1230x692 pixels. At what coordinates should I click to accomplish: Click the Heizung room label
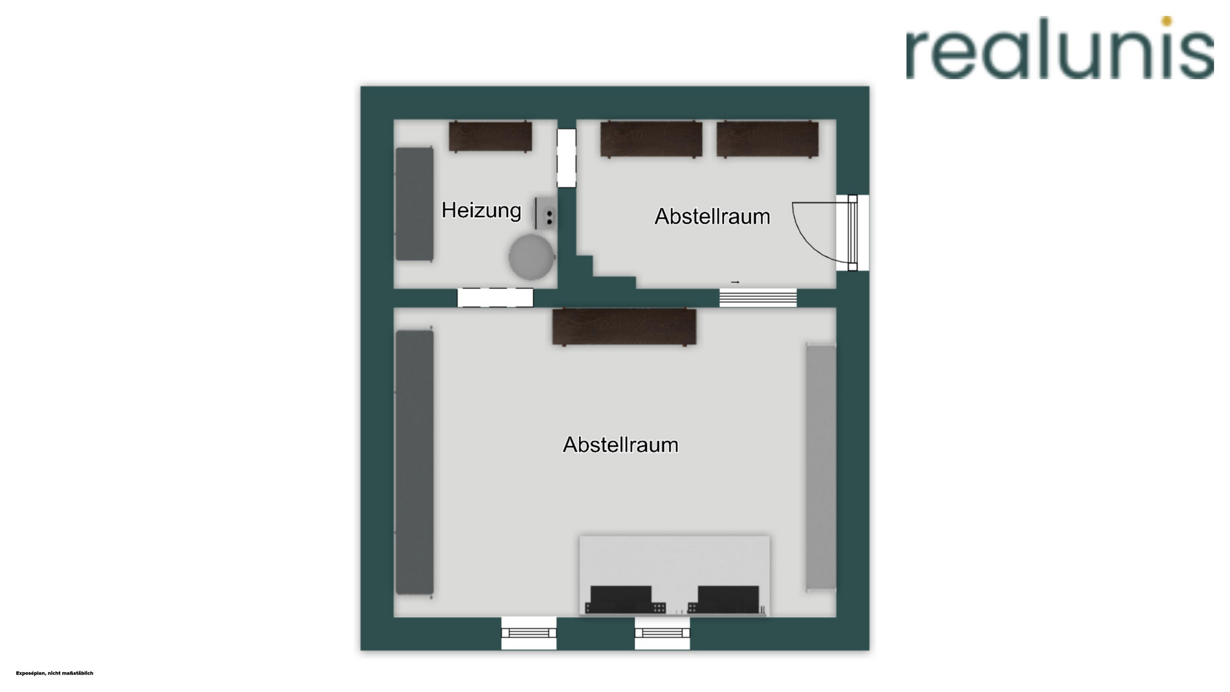pyautogui.click(x=481, y=210)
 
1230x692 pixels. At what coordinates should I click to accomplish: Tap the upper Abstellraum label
pyautogui.click(x=712, y=217)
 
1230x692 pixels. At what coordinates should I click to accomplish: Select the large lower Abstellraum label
pyautogui.click(x=620, y=445)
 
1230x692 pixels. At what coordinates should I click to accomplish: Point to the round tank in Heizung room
pyautogui.click(x=531, y=257)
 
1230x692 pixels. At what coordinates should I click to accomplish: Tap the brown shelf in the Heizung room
pyautogui.click(x=490, y=136)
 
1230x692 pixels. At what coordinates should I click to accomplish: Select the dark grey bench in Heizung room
pyautogui.click(x=414, y=204)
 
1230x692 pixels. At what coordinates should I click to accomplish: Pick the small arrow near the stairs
pyautogui.click(x=735, y=282)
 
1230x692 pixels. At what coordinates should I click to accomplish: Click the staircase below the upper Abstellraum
pyautogui.click(x=758, y=298)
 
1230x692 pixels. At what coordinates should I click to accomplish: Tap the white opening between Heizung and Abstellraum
pyautogui.click(x=566, y=158)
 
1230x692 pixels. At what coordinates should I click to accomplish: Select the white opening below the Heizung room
pyautogui.click(x=495, y=297)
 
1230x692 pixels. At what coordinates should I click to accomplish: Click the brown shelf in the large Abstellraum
pyautogui.click(x=624, y=327)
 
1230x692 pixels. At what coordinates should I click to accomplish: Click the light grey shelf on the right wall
pyautogui.click(x=821, y=466)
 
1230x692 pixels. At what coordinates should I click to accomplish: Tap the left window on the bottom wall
pyautogui.click(x=529, y=633)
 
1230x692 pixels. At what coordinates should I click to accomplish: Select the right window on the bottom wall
pyautogui.click(x=662, y=633)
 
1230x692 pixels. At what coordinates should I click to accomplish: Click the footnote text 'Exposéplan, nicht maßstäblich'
pyautogui.click(x=54, y=673)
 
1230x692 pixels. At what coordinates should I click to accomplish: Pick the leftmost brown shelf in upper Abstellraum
pyautogui.click(x=651, y=139)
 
